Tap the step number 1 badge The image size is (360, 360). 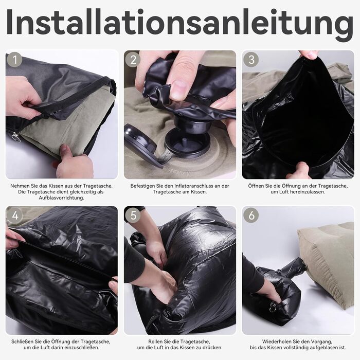[15, 60]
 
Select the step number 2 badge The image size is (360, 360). [133, 60]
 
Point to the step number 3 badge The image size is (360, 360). [251, 60]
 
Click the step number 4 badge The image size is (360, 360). [15, 215]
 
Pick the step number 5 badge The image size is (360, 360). [133, 215]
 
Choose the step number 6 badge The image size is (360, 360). [251, 215]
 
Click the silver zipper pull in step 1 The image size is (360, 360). [15, 137]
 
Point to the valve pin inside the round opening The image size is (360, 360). [184, 141]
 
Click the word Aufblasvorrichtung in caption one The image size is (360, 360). [61, 197]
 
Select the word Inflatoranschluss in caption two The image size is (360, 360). [195, 186]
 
